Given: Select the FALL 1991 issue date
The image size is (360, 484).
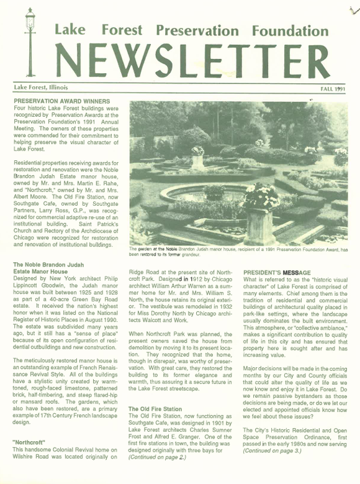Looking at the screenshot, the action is click(333, 89).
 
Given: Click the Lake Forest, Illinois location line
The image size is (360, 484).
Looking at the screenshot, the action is click(41, 88).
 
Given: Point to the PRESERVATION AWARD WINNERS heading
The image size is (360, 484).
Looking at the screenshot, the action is click(62, 101).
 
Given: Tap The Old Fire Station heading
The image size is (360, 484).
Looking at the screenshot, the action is click(156, 409).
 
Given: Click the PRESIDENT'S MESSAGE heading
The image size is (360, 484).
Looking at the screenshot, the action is click(277, 273).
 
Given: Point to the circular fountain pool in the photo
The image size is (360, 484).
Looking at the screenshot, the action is click(199, 196).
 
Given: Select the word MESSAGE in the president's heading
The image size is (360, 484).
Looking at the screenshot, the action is click(296, 273).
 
